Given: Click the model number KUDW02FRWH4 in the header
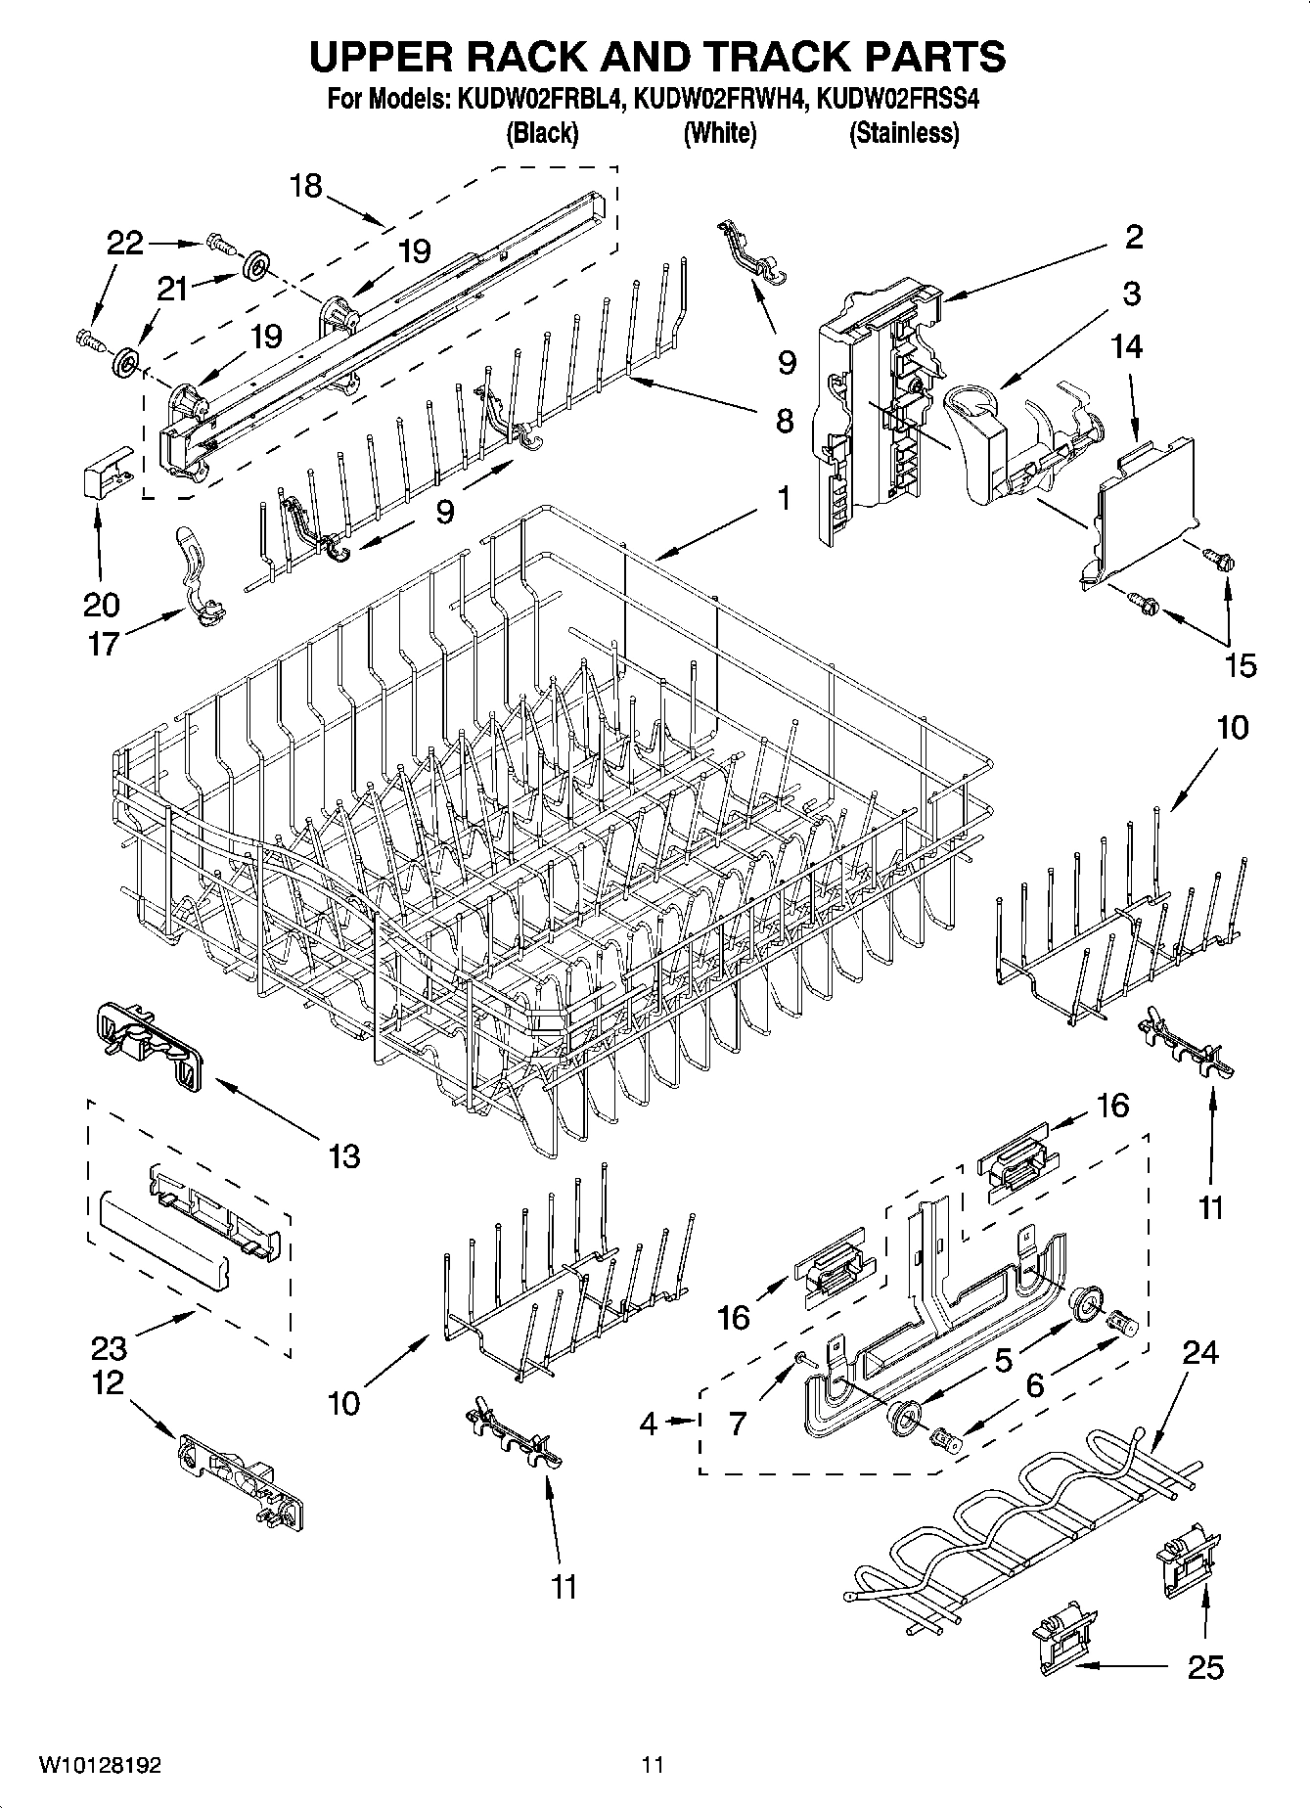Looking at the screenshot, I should click(x=720, y=99).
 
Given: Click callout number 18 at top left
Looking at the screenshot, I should click(x=306, y=186).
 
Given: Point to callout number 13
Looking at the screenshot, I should click(x=344, y=1156).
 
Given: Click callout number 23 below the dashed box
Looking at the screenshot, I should click(x=109, y=1349).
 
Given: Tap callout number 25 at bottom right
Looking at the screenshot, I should click(x=1204, y=1667).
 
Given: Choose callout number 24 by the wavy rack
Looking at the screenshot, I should click(x=1199, y=1352).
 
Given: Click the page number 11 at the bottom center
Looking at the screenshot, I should click(x=653, y=1766).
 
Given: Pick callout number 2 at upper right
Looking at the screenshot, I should click(x=1133, y=236).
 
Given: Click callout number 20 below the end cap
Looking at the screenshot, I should click(x=100, y=605).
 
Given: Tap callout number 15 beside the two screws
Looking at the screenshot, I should click(x=1240, y=666).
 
